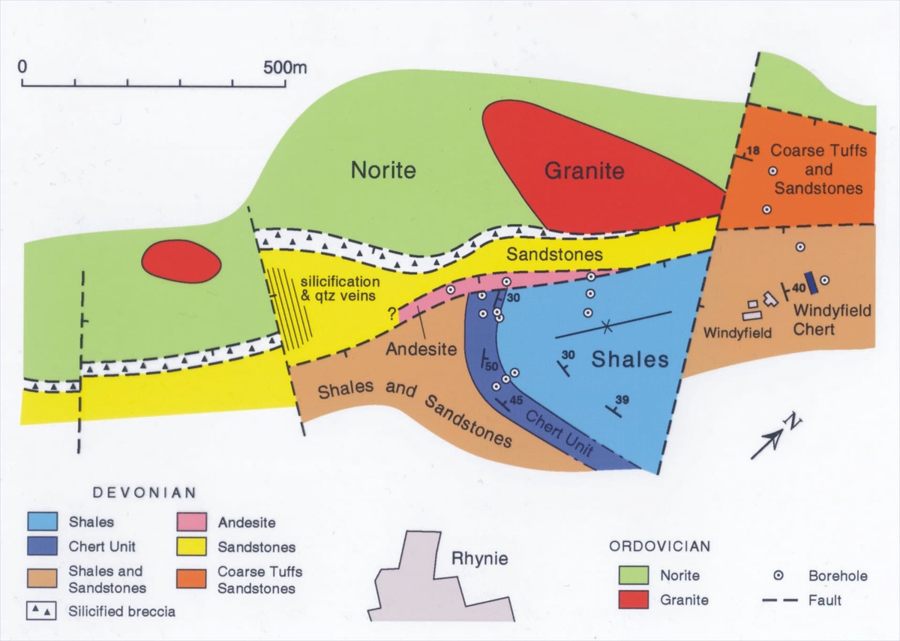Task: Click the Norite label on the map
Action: pyautogui.click(x=383, y=171)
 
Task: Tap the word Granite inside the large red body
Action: pyautogui.click(x=583, y=171)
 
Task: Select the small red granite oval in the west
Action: pyautogui.click(x=181, y=262)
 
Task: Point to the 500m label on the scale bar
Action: pyautogui.click(x=286, y=67)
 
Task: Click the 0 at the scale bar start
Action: pyautogui.click(x=23, y=67)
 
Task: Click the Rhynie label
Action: pyautogui.click(x=480, y=559)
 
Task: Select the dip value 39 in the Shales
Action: pyautogui.click(x=622, y=398)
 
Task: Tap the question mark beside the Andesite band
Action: pyautogui.click(x=391, y=316)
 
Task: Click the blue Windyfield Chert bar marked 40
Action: pyautogui.click(x=810, y=283)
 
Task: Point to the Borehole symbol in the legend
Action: pyautogui.click(x=778, y=576)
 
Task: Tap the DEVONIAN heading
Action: pyautogui.click(x=144, y=493)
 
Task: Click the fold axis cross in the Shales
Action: pyautogui.click(x=607, y=326)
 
